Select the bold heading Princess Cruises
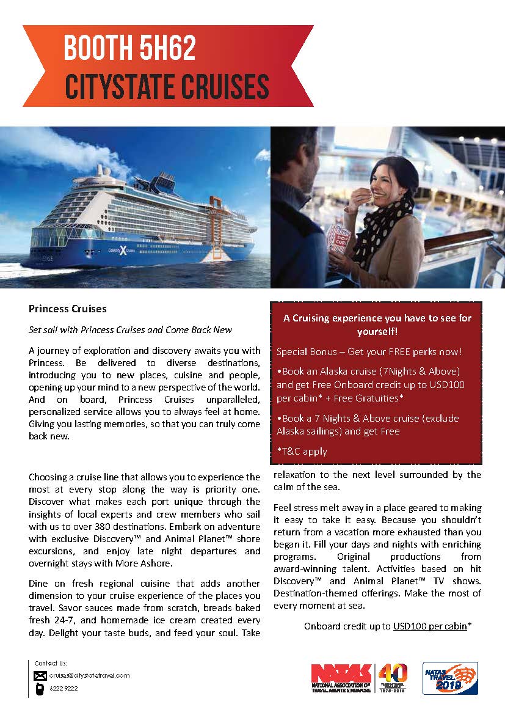pyautogui.click(x=68, y=309)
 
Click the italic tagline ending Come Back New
pyautogui.click(x=131, y=330)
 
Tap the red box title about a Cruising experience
pyautogui.click(x=377, y=324)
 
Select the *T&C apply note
pyautogui.click(x=302, y=452)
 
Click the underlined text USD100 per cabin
pyautogui.click(x=430, y=626)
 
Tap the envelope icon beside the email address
pyautogui.click(x=40, y=675)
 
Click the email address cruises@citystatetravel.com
pyautogui.click(x=90, y=675)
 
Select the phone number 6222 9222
pyautogui.click(x=64, y=688)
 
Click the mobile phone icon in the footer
pyautogui.click(x=40, y=688)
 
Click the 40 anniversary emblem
pyautogui.click(x=393, y=677)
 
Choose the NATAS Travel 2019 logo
pyautogui.click(x=450, y=678)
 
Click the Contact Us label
pyautogui.click(x=51, y=663)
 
